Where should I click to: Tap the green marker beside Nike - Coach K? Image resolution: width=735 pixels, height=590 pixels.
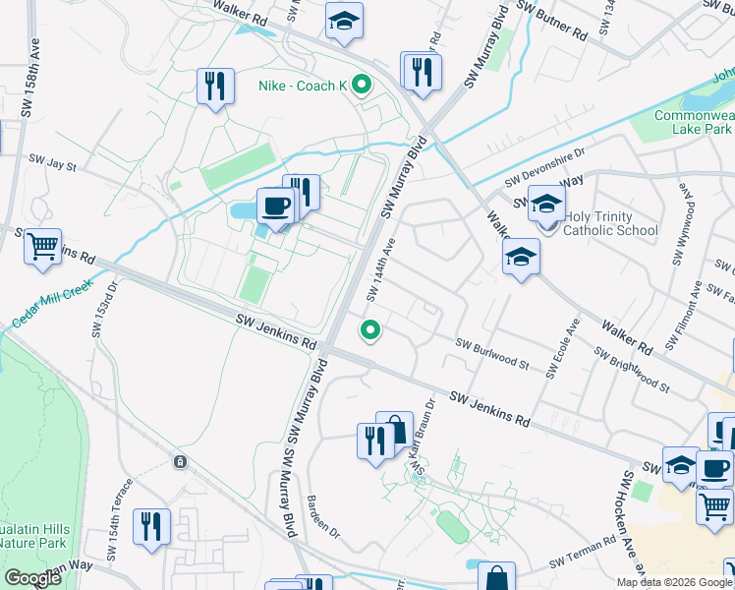361,86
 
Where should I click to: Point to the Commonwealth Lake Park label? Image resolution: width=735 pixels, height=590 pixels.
694,123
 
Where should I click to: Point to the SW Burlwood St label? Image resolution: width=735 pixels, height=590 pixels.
492,355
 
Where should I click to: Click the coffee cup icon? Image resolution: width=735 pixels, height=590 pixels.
274,206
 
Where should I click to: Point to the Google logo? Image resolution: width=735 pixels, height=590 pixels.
32,578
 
